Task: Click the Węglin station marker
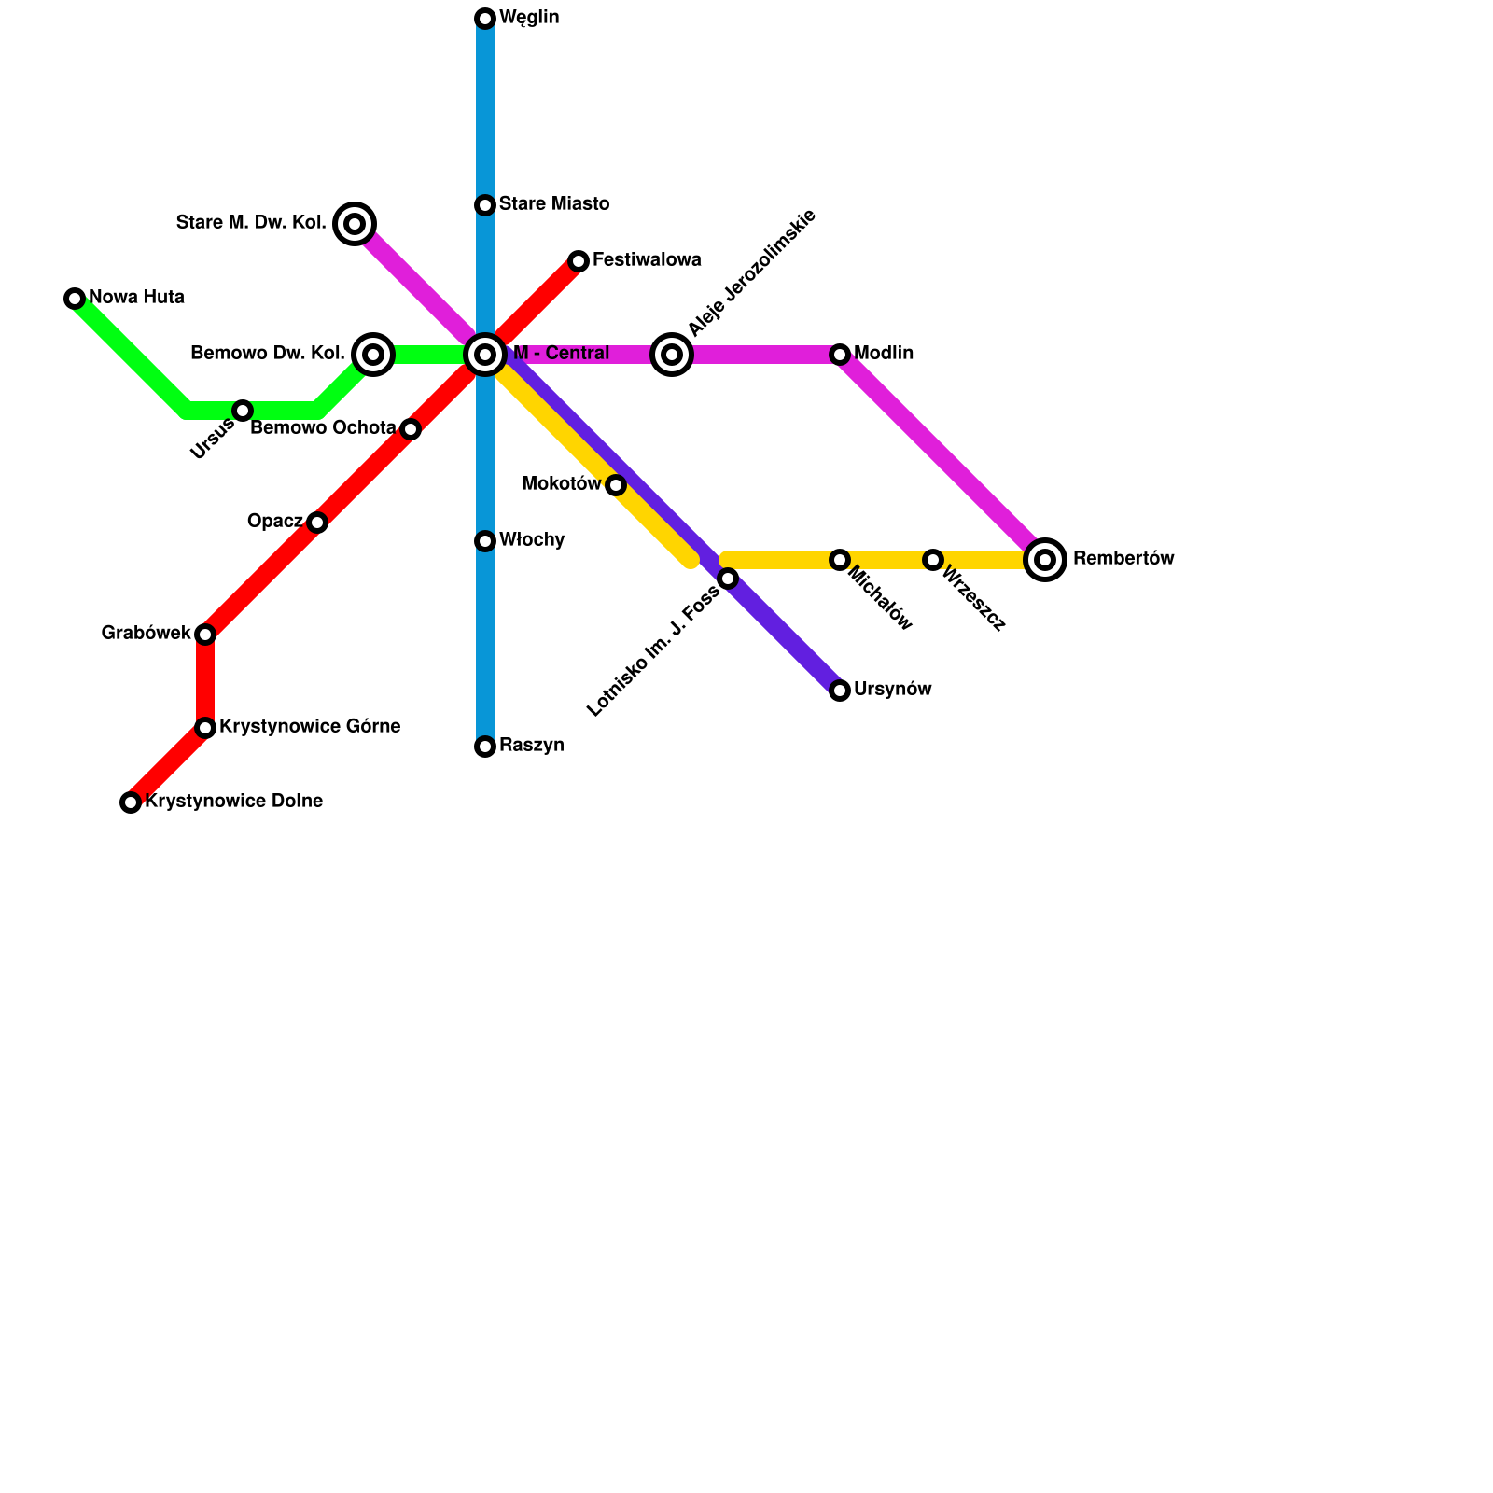pyautogui.click(x=485, y=19)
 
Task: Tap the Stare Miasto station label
pyautogui.click(x=553, y=204)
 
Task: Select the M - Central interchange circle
pyautogui.click(x=485, y=355)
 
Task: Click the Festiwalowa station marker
pyautogui.click(x=579, y=261)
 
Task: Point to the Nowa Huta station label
pyautogui.click(x=136, y=298)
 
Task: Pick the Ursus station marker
pyautogui.click(x=243, y=411)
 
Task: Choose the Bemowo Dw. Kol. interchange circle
pyautogui.click(x=373, y=355)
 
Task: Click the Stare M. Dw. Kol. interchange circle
pyautogui.click(x=355, y=224)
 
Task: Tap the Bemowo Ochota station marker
pyautogui.click(x=411, y=429)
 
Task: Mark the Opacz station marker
pyautogui.click(x=317, y=523)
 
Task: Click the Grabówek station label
pyautogui.click(x=146, y=634)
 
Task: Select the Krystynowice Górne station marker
pyautogui.click(x=205, y=728)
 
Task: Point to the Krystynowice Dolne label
pyautogui.click(x=233, y=802)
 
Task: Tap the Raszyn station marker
pyautogui.click(x=485, y=746)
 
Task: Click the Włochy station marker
pyautogui.click(x=485, y=541)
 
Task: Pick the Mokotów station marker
pyautogui.click(x=616, y=485)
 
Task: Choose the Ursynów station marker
pyautogui.click(x=840, y=691)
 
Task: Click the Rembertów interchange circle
pyautogui.click(x=1045, y=560)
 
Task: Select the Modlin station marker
pyautogui.click(x=840, y=355)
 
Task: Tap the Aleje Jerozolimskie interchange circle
pyautogui.click(x=672, y=355)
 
